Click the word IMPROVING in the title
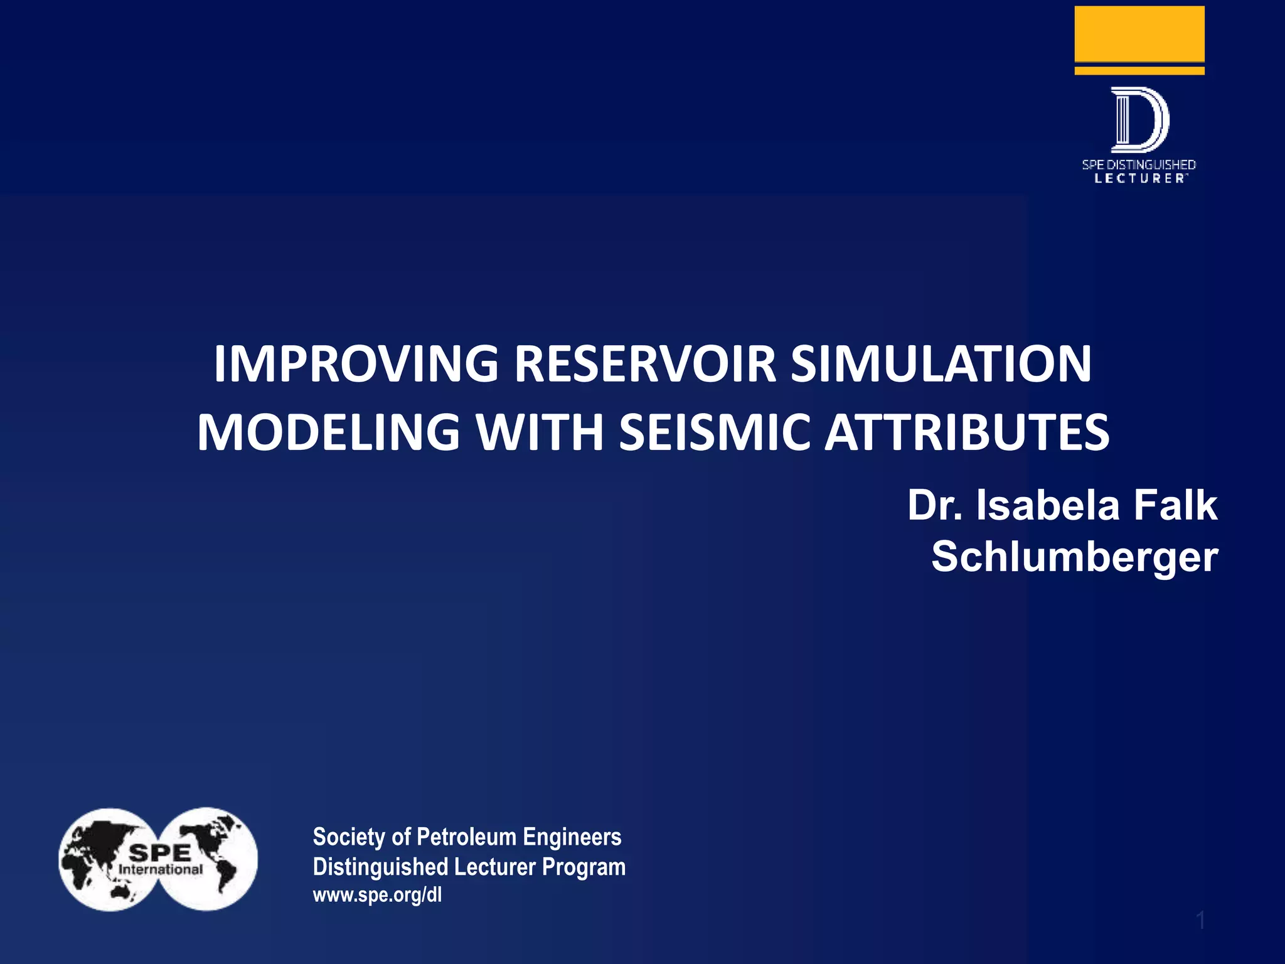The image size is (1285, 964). (x=356, y=364)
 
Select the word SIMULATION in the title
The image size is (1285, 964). (x=941, y=364)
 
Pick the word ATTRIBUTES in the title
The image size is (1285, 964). (x=967, y=432)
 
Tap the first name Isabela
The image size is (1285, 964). (x=1048, y=505)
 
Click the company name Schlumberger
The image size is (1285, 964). (x=1074, y=557)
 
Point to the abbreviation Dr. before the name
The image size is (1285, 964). (x=935, y=505)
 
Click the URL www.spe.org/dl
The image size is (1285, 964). (x=377, y=894)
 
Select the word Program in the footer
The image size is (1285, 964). (x=584, y=867)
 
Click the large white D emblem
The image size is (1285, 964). (x=1139, y=120)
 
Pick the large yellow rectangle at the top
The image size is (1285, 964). (x=1139, y=34)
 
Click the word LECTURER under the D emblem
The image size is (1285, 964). (x=1139, y=179)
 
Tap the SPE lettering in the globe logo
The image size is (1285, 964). (x=160, y=852)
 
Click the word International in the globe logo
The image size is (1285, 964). (x=161, y=870)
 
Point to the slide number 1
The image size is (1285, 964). (x=1200, y=920)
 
